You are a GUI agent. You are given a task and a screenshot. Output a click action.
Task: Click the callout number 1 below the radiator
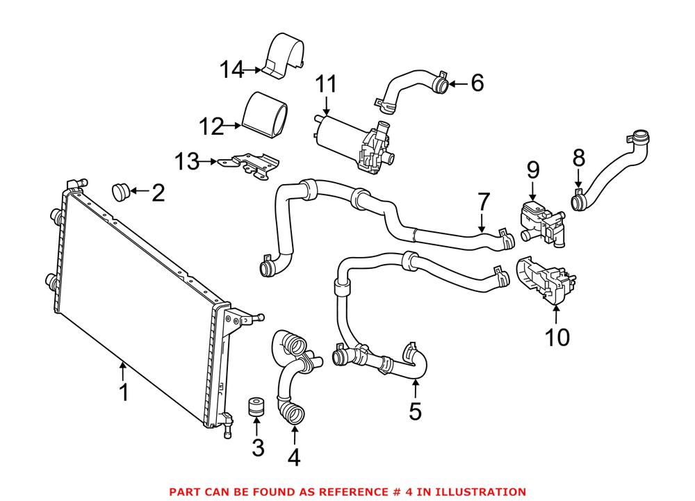coord(124,393)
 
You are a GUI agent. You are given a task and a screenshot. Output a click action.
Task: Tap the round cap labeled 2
coord(122,190)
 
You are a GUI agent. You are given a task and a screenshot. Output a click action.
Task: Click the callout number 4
coord(294,457)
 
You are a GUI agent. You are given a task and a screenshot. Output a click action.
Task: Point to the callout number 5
coord(415,411)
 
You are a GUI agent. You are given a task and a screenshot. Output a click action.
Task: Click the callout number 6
coord(476,84)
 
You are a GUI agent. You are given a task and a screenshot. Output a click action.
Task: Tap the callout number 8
coord(578,158)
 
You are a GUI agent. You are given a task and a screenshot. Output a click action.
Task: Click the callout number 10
coord(556,338)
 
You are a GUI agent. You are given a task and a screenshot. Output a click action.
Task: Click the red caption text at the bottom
coord(347,491)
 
